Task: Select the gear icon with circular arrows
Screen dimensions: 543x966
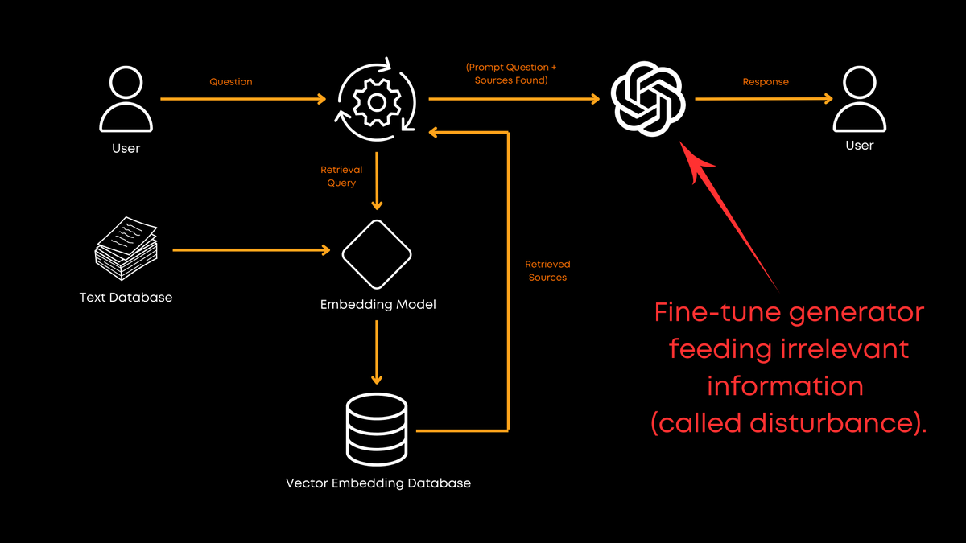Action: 377,100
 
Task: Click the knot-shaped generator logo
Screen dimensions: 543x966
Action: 648,100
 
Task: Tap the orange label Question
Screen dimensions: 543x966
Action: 231,82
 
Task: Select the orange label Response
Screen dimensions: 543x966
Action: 766,82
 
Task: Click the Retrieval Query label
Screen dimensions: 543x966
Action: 341,176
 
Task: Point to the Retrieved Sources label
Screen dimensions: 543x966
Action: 547,270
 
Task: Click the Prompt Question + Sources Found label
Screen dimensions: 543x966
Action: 511,74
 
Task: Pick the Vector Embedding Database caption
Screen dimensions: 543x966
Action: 378,483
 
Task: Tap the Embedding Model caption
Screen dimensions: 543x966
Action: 378,305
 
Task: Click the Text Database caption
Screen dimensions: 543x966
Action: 126,297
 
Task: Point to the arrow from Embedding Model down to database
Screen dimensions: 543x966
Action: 377,352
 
